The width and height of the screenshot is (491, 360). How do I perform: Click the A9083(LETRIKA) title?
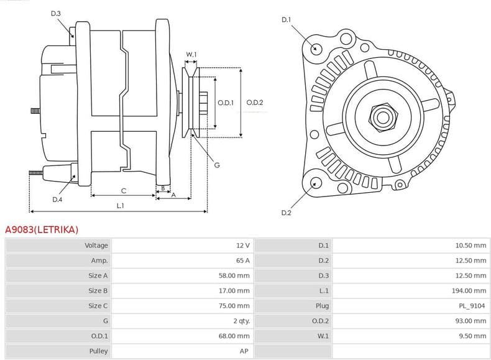[42, 229]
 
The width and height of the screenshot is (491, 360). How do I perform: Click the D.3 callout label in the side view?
[56, 13]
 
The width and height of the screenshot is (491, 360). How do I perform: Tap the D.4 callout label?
[57, 199]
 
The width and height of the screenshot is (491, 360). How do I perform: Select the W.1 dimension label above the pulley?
[191, 55]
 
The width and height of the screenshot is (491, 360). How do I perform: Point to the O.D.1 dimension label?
[225, 103]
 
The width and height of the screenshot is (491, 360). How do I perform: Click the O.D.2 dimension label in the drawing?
[255, 103]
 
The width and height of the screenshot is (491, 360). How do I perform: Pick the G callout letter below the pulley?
[217, 165]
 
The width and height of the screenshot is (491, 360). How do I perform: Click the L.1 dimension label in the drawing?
[121, 205]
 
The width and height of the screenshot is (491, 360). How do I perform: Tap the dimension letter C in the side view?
[124, 190]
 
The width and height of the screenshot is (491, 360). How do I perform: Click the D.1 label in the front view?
[286, 20]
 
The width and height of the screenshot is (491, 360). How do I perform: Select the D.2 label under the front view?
[286, 213]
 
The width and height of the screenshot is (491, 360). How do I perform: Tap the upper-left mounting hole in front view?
[316, 48]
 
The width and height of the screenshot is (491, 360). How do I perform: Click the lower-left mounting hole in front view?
[316, 182]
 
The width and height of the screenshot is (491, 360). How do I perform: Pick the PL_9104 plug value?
[473, 306]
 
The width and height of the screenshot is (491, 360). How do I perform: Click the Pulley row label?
[98, 351]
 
